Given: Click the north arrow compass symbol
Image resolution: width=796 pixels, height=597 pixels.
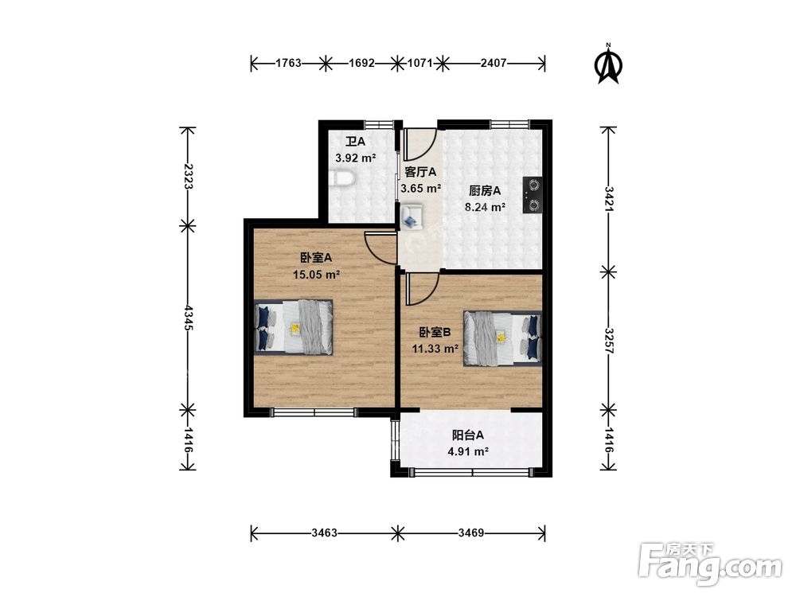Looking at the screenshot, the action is pyautogui.click(x=608, y=64).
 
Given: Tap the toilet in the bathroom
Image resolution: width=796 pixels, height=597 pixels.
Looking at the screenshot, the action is pyautogui.click(x=340, y=178).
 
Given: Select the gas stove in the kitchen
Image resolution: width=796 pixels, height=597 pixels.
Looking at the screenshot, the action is pyautogui.click(x=533, y=194).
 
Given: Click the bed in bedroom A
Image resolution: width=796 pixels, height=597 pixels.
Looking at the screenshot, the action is pyautogui.click(x=294, y=327).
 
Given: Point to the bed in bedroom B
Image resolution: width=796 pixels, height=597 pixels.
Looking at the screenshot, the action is pyautogui.click(x=502, y=338).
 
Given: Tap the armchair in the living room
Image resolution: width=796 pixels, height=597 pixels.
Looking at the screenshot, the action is pyautogui.click(x=412, y=217).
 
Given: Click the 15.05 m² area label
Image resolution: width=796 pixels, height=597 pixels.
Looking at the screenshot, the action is pyautogui.click(x=316, y=275).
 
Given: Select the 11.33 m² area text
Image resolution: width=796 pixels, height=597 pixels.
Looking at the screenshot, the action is pyautogui.click(x=435, y=349).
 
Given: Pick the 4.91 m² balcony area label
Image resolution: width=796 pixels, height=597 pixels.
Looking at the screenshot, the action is pyautogui.click(x=468, y=451).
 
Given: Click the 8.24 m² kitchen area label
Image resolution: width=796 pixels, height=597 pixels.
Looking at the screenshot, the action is pyautogui.click(x=485, y=207).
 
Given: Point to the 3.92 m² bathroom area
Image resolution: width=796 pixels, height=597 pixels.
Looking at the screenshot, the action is pyautogui.click(x=355, y=158).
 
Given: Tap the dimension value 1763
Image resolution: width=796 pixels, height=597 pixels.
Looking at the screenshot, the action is pyautogui.click(x=288, y=63).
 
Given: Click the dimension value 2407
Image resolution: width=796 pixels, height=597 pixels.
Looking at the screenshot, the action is pyautogui.click(x=494, y=63).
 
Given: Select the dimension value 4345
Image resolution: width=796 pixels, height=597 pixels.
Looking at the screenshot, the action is pyautogui.click(x=188, y=318).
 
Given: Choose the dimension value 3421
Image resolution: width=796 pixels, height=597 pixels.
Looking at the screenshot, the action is pyautogui.click(x=608, y=199).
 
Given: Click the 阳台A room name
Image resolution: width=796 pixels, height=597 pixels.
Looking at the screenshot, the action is pyautogui.click(x=467, y=435).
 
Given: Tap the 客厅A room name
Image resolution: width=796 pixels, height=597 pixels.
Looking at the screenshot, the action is pyautogui.click(x=420, y=172).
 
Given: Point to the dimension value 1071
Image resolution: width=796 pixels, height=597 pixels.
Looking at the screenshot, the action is pyautogui.click(x=419, y=63).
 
